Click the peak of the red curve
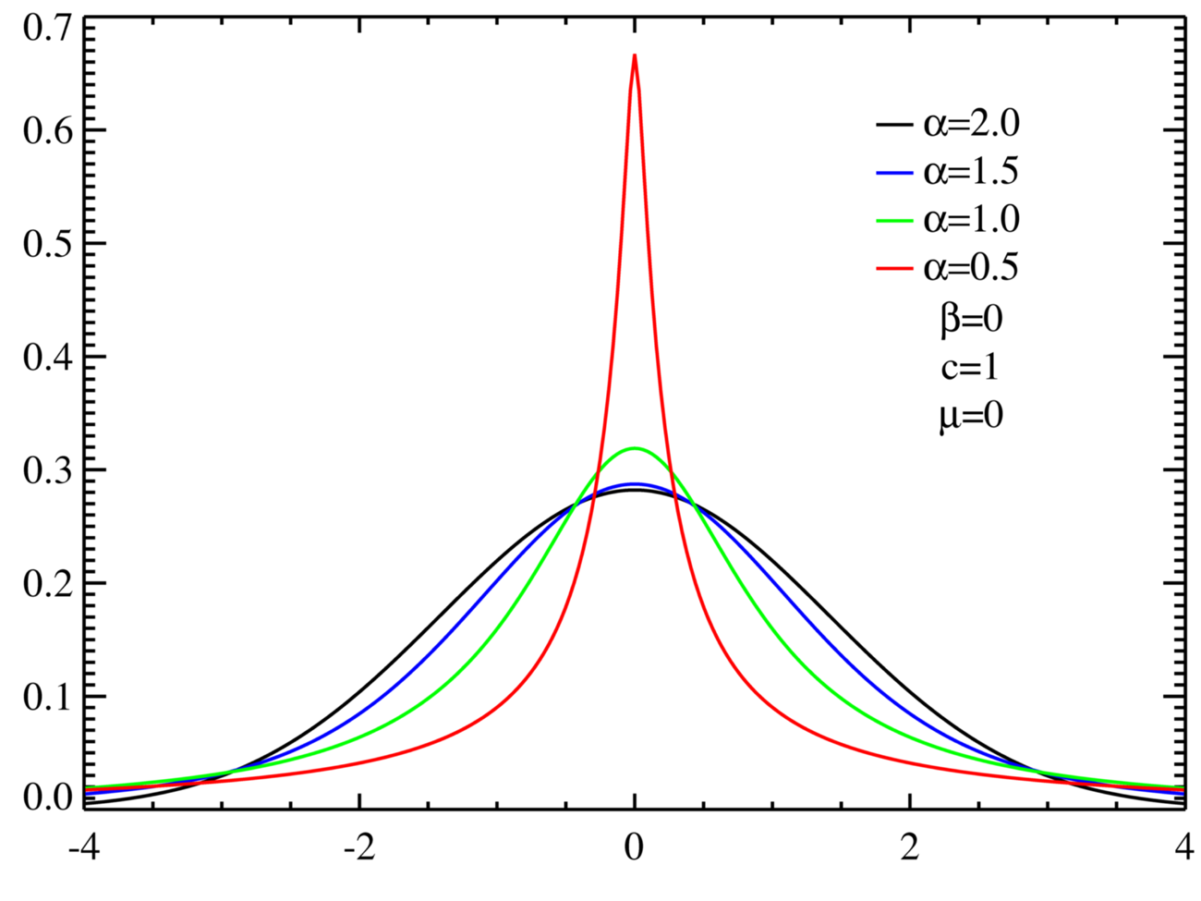click(x=635, y=56)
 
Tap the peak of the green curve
click(x=635, y=448)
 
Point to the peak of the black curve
click(x=635, y=490)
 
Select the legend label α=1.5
click(x=971, y=171)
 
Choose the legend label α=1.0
click(x=971, y=220)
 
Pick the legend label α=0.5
click(x=971, y=268)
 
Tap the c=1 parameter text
click(x=969, y=368)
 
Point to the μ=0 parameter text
click(x=970, y=416)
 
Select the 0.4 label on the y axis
click(x=47, y=357)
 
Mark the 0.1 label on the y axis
click(x=47, y=697)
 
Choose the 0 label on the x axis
click(x=635, y=847)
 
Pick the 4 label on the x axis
click(x=1183, y=847)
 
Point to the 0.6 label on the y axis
click(x=47, y=130)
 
